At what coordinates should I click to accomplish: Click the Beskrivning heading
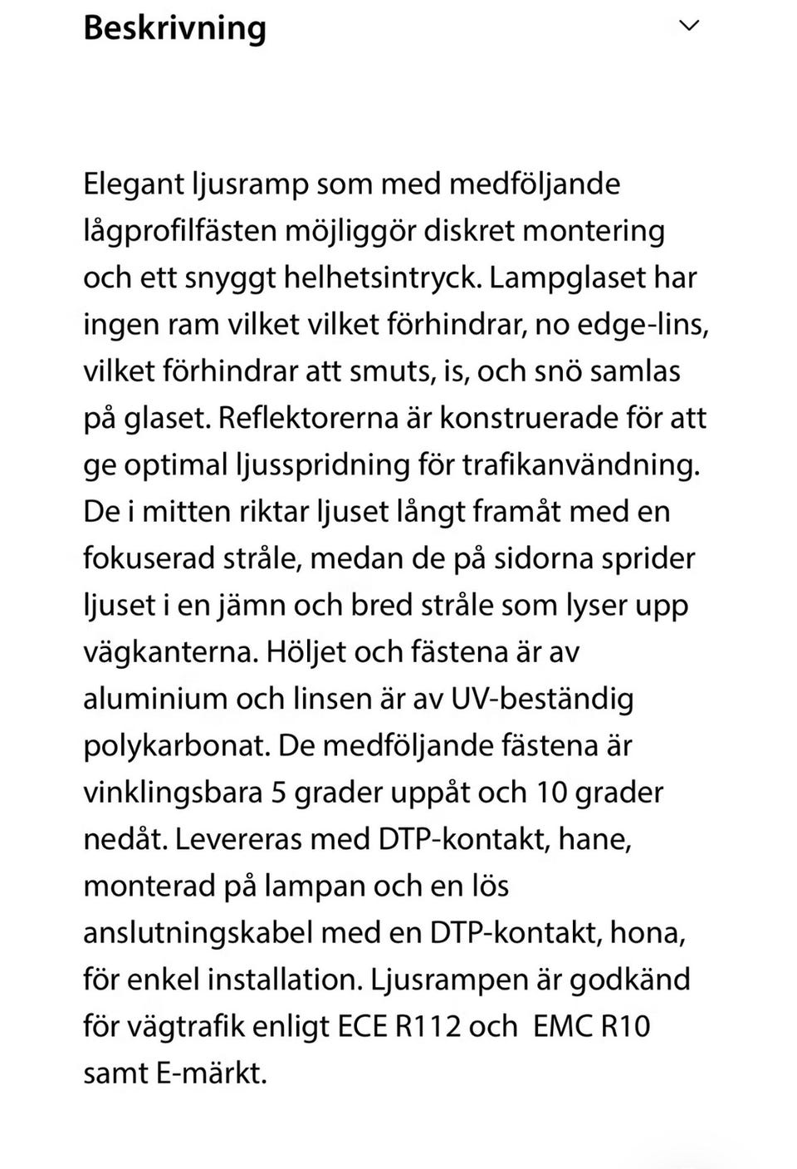pyautogui.click(x=174, y=28)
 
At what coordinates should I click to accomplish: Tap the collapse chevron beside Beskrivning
pyautogui.click(x=689, y=26)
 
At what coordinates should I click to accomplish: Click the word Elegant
pyautogui.click(x=133, y=184)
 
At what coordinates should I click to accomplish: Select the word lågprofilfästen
pyautogui.click(x=180, y=230)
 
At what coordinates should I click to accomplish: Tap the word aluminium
pyautogui.click(x=154, y=698)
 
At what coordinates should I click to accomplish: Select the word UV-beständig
pyautogui.click(x=542, y=698)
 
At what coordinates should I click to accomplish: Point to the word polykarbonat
pyautogui.click(x=176, y=745)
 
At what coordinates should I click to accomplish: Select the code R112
pyautogui.click(x=428, y=1026)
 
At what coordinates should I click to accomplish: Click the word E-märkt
pyautogui.click(x=211, y=1073)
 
